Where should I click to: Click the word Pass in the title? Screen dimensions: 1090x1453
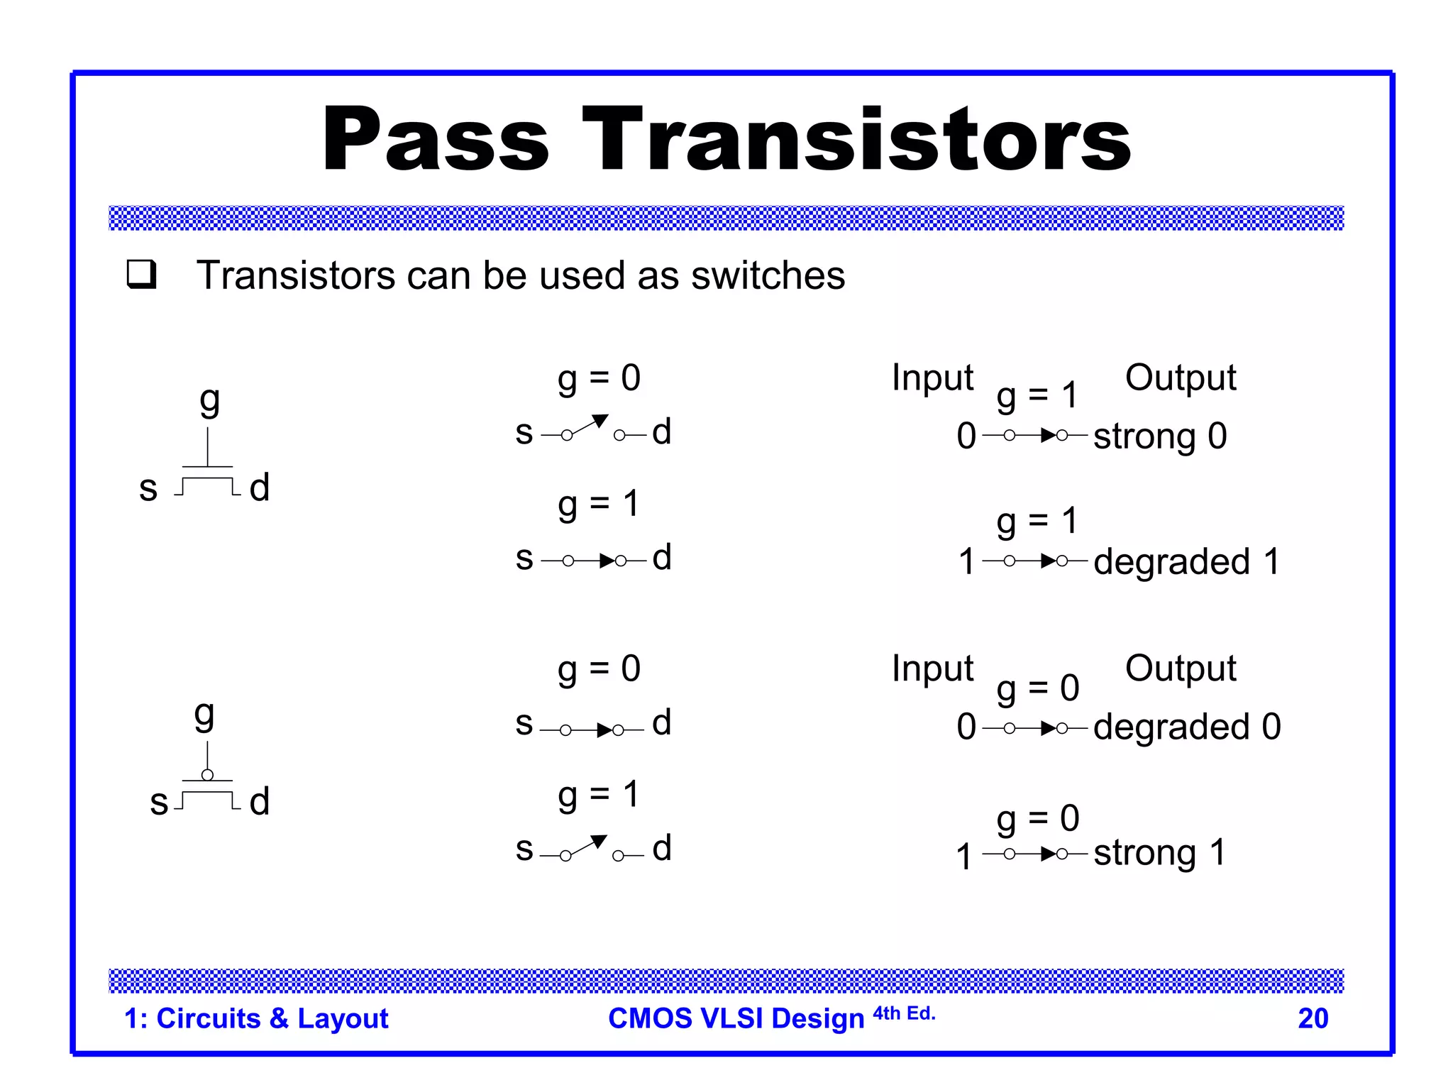435,139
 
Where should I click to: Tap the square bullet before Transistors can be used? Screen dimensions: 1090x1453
141,275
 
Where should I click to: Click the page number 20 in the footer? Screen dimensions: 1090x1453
1313,1018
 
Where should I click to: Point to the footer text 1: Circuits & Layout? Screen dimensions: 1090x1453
256,1018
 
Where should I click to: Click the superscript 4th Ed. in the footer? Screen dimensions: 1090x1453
904,1013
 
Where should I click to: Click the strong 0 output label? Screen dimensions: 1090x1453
1160,436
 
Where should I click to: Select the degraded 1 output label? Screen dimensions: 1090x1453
1186,561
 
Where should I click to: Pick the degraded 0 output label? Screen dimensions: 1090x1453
1186,727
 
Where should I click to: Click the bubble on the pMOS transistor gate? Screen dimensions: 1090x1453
207,775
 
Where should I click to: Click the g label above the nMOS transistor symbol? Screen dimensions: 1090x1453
209,401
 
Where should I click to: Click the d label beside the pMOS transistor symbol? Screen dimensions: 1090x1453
260,801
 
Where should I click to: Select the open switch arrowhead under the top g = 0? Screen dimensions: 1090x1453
600,421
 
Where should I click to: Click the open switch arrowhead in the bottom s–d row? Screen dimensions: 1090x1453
599,842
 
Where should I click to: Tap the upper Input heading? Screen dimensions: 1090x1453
932,378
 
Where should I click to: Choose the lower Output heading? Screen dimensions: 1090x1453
1181,668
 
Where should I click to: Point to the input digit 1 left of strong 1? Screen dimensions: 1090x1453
963,856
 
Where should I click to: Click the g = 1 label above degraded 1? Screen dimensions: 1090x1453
1037,522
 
